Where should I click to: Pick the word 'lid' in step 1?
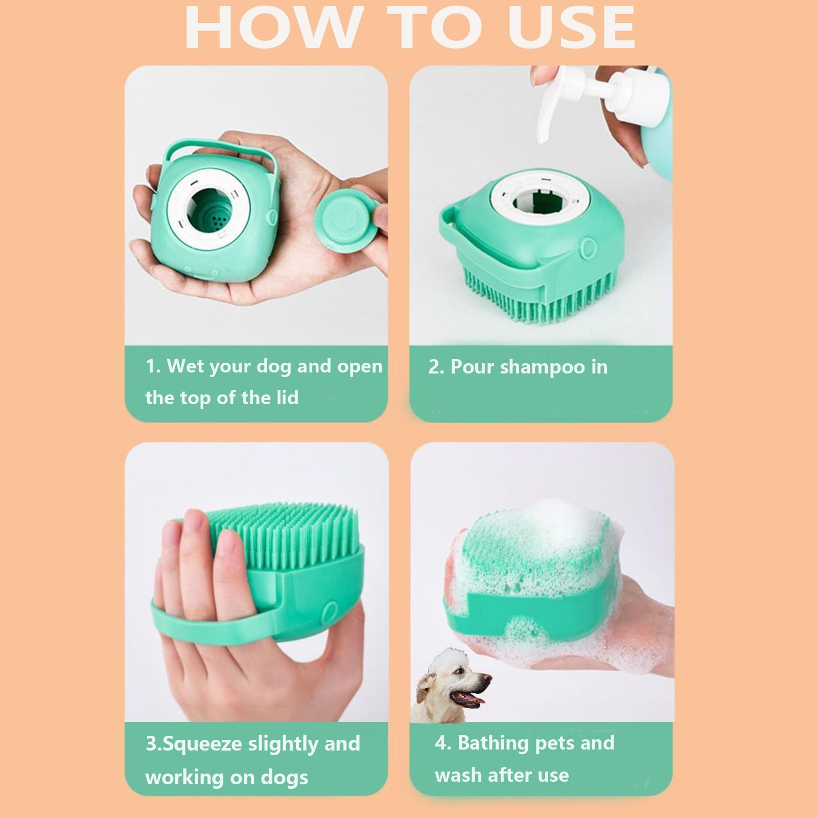[x=287, y=398]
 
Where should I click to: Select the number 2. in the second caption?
[x=436, y=367]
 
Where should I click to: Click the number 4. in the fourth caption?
[x=442, y=743]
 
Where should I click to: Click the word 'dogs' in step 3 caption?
[x=285, y=778]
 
